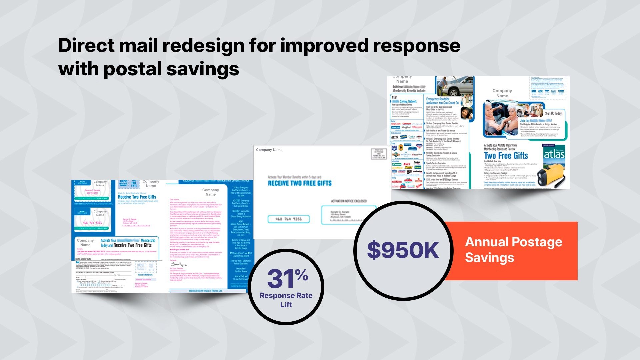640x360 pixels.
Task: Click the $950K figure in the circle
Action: coord(403,250)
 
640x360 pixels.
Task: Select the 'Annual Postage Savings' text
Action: coord(513,250)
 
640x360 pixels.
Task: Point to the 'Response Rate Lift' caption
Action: coord(286,300)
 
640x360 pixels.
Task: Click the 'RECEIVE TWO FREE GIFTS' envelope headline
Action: coord(300,183)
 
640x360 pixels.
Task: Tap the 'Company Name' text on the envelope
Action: coord(269,150)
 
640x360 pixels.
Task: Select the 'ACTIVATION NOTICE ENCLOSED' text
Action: coord(349,201)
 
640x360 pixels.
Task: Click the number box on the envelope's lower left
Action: coord(289,219)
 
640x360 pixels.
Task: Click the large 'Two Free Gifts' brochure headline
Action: coord(506,156)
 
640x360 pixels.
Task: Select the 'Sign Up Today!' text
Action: coord(553,113)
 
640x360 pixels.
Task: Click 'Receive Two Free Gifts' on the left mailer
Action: coord(137,197)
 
